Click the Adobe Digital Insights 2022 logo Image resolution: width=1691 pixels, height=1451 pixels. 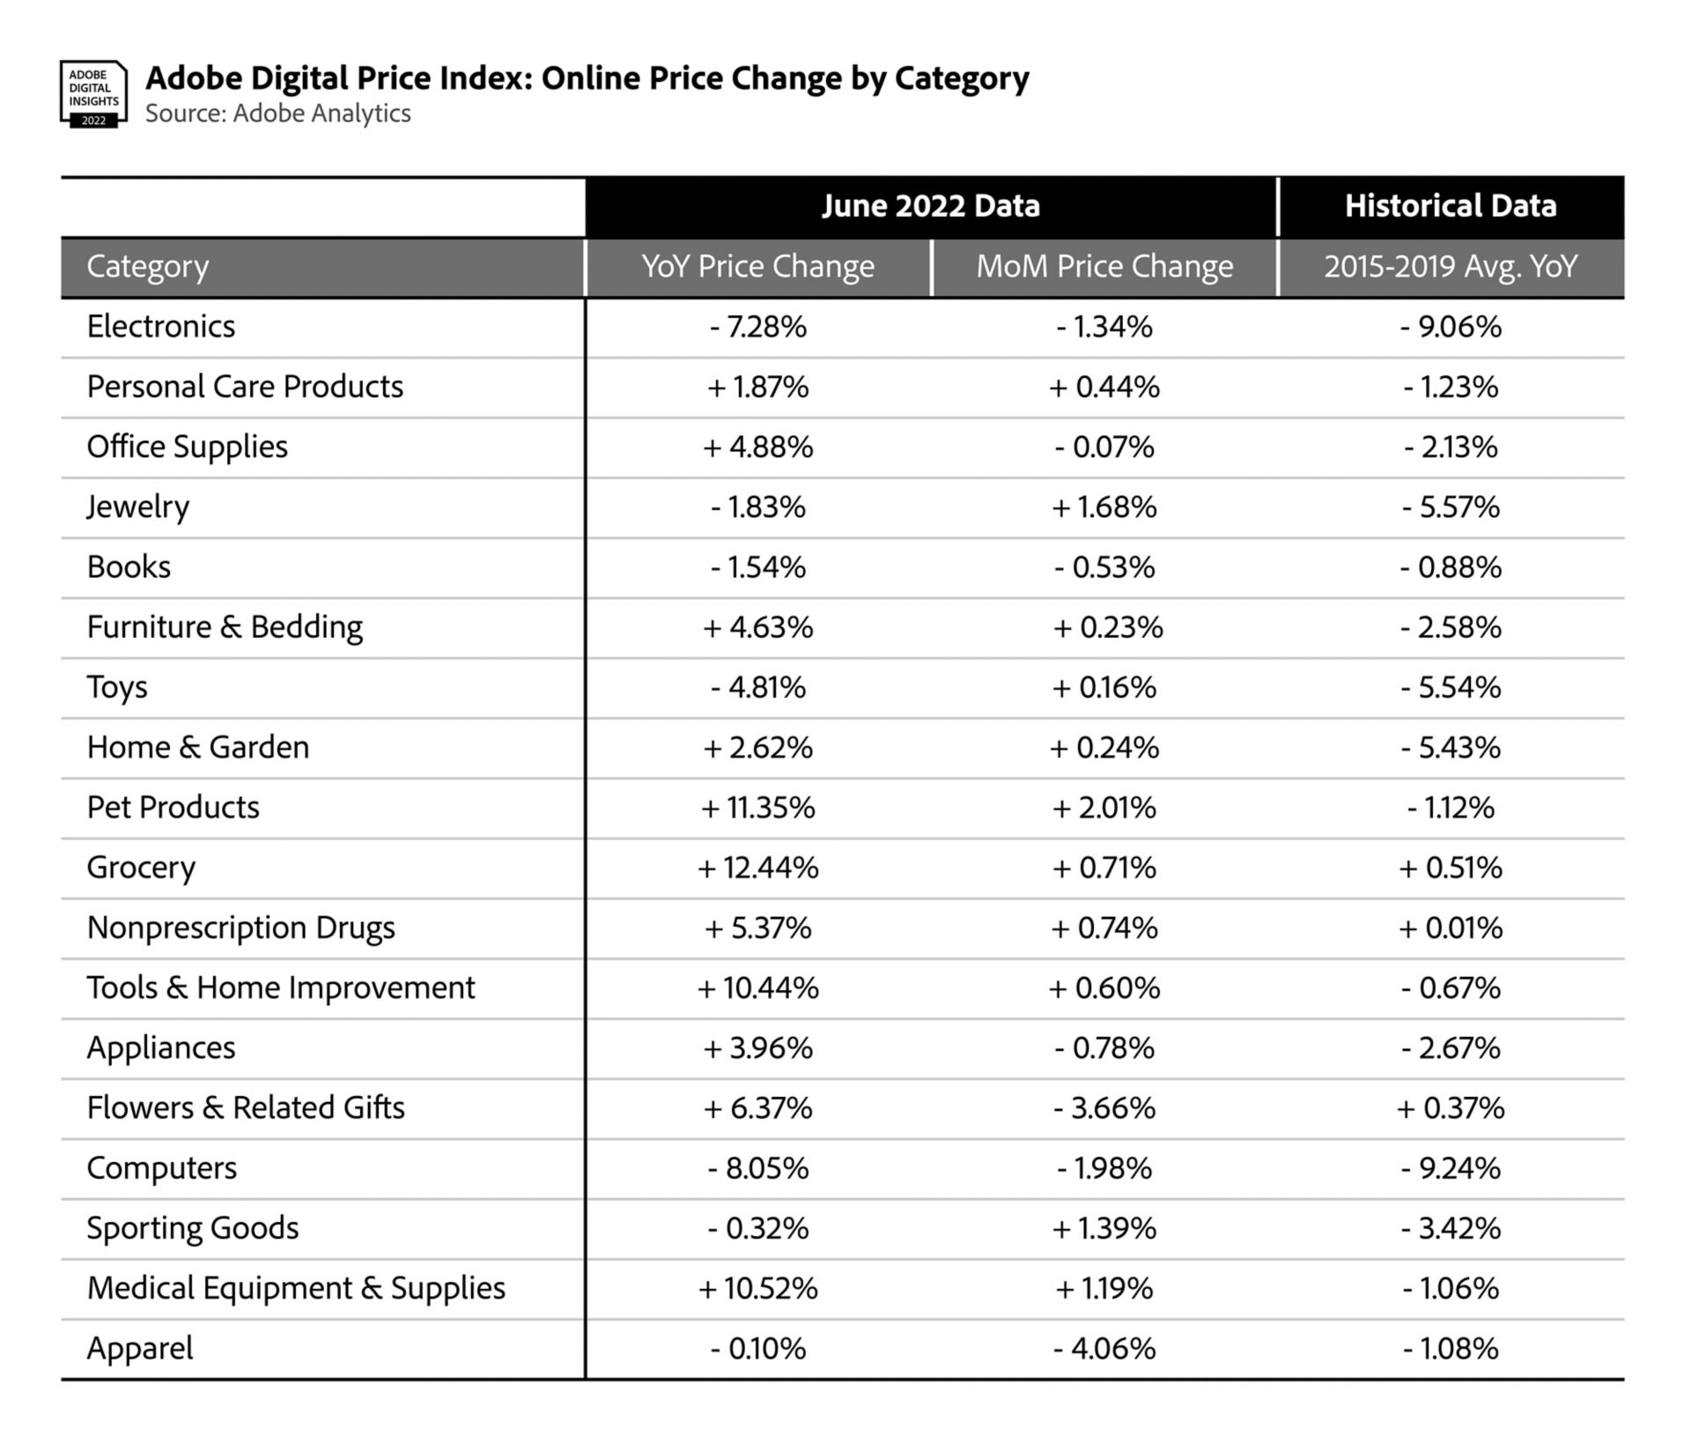(x=93, y=94)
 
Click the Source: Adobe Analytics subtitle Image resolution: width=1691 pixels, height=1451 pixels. (x=277, y=114)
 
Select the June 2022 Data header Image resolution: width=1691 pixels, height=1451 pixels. (x=930, y=206)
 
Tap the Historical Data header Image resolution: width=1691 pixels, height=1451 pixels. (x=1450, y=206)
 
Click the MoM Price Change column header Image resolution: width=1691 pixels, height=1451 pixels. (x=1104, y=266)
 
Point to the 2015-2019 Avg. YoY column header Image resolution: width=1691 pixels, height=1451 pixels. (x=1450, y=266)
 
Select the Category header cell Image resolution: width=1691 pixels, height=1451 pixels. (x=148, y=266)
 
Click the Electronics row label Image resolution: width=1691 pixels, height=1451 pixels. (x=161, y=327)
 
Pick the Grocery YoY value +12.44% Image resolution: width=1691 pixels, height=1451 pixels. (x=757, y=868)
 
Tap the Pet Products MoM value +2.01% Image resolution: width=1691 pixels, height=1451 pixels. (x=1104, y=808)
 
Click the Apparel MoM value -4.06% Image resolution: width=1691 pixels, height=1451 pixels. (x=1104, y=1348)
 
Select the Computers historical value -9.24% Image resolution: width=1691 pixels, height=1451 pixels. (x=1450, y=1168)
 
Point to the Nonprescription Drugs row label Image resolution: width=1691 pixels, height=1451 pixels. (x=240, y=928)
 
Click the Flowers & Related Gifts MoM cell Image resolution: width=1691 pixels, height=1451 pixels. (x=1104, y=1108)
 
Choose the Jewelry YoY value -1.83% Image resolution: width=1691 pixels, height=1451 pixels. (x=757, y=507)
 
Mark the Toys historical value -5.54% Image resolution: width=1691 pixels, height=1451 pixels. (x=1450, y=687)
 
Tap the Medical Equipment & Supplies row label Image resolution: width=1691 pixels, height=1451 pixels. (x=296, y=1288)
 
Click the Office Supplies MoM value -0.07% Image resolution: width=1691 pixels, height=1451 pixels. (x=1104, y=448)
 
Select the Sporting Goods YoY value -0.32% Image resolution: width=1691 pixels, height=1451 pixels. (x=757, y=1228)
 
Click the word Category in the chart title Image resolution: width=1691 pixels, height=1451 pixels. (x=962, y=79)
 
